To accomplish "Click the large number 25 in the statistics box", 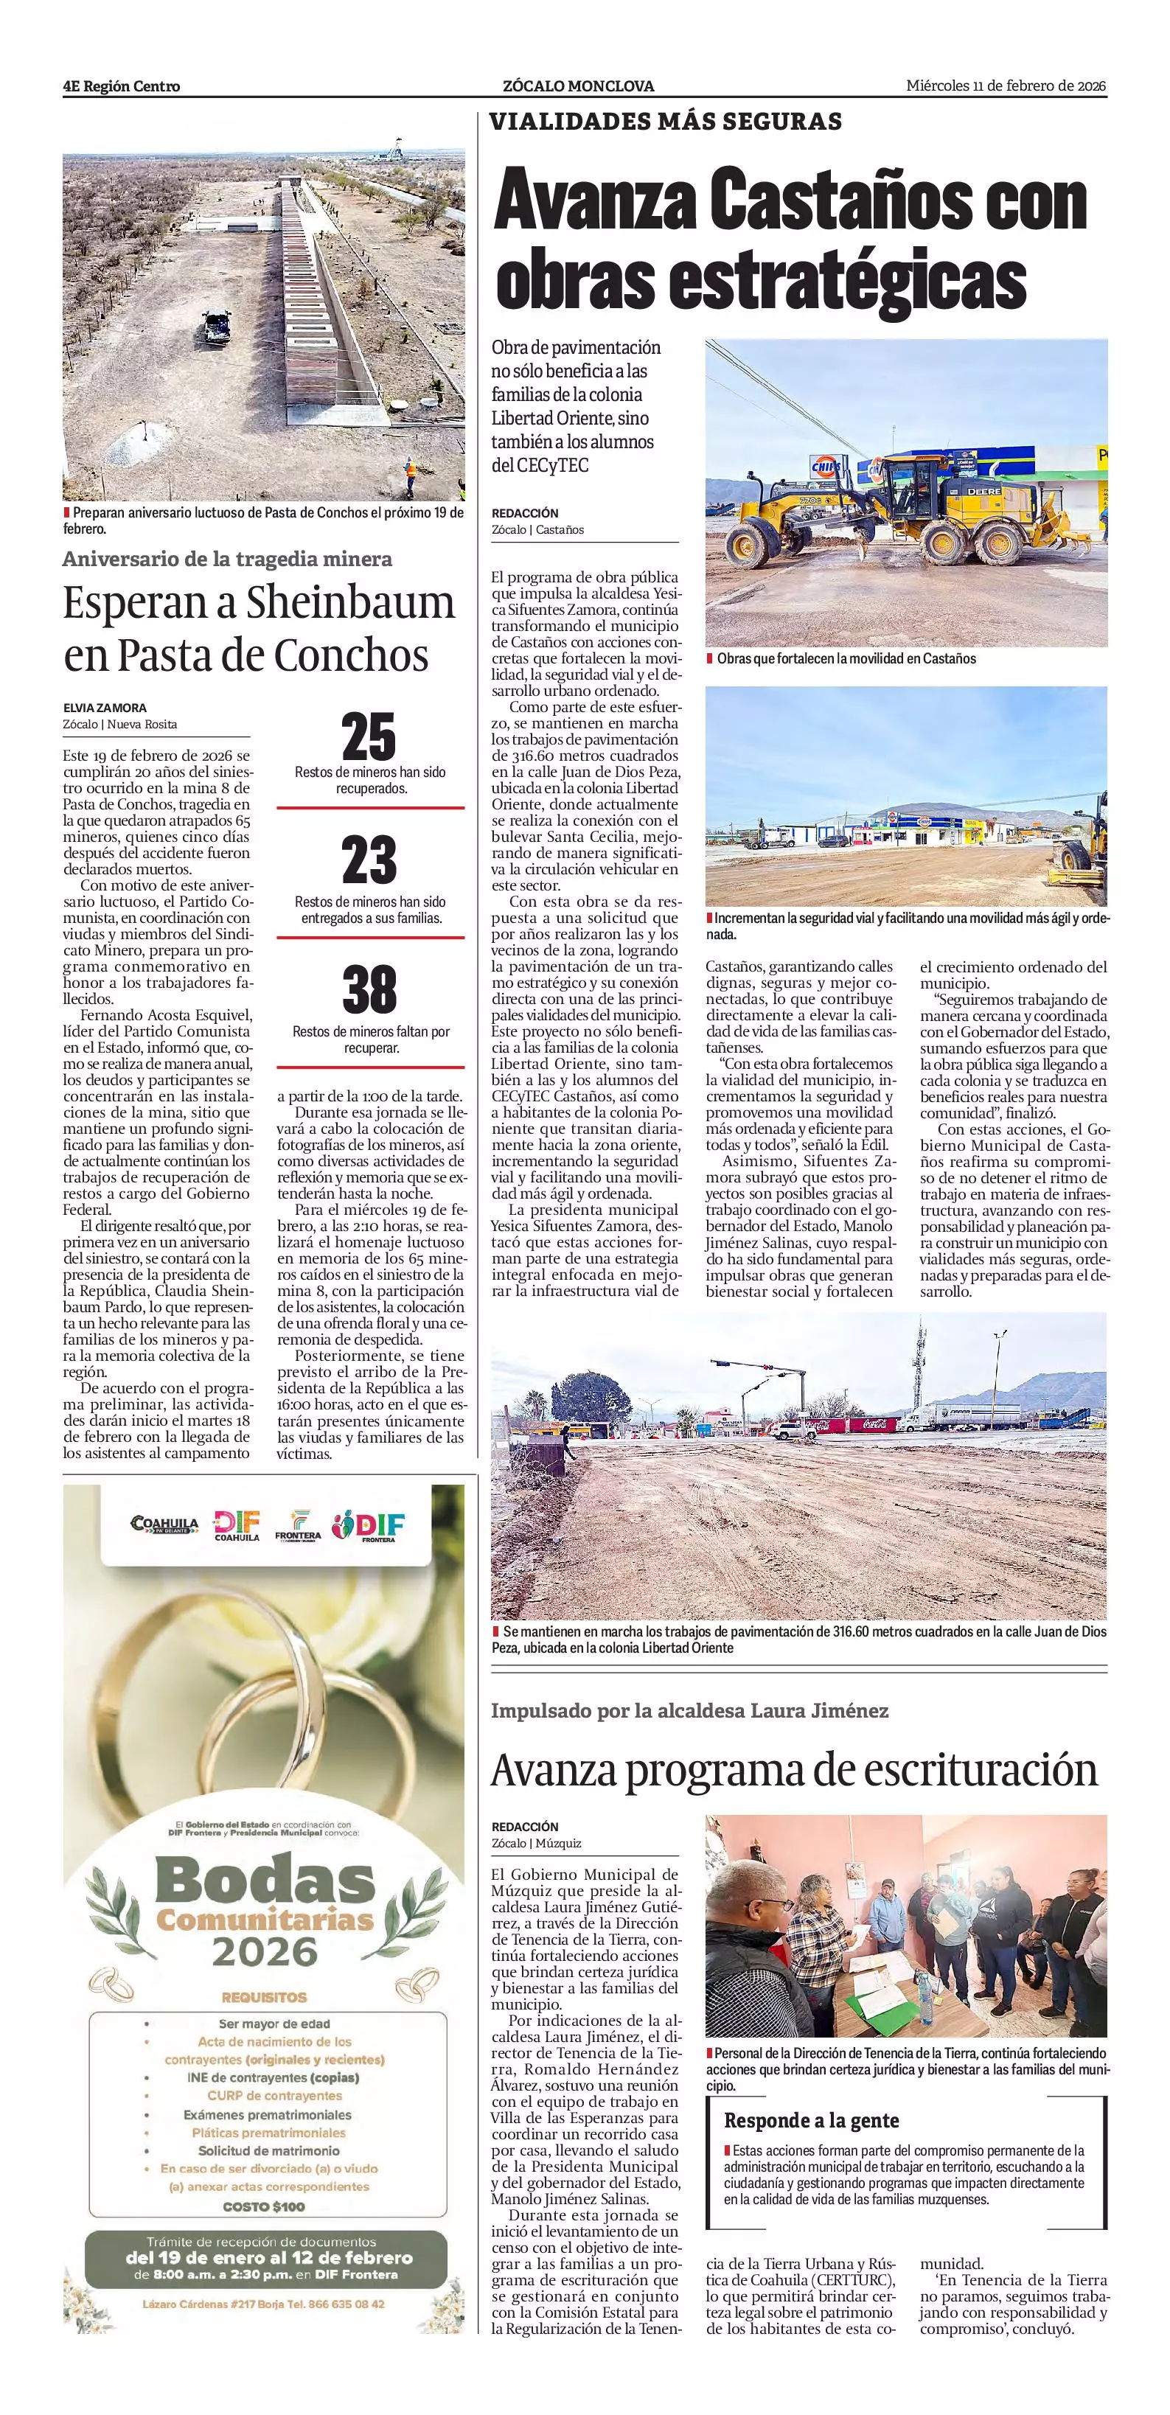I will tap(369, 737).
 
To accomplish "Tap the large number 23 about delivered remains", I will tap(369, 860).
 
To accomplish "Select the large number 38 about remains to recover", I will tap(369, 989).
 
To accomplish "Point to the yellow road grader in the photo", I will tap(908, 511).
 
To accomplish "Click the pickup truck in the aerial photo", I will tap(215, 325).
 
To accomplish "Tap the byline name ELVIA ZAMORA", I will tap(105, 708).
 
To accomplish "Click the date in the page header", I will tap(1005, 86).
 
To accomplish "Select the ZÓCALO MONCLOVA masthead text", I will tap(579, 86).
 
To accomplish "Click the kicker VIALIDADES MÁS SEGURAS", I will tap(666, 122).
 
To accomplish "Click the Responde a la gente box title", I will tap(811, 2119).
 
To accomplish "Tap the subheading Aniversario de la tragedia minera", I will tap(228, 560).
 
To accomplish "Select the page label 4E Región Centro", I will tap(122, 86).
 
